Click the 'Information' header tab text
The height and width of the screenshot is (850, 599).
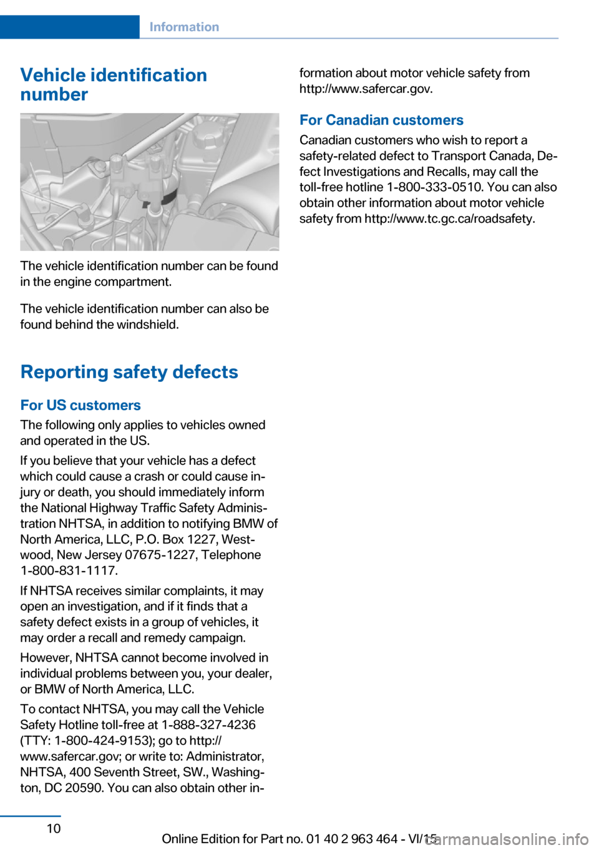[x=184, y=27]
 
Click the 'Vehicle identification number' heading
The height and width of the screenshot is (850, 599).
[x=114, y=84]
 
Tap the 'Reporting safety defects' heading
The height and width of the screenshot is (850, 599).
[x=129, y=372]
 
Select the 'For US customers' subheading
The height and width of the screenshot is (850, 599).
[x=80, y=405]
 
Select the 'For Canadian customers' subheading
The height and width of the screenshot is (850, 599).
[x=381, y=120]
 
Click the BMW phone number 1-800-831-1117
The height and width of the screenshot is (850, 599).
[x=69, y=570]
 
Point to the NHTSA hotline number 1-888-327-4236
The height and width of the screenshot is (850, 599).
[x=208, y=725]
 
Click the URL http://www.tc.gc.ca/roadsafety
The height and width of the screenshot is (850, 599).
[x=449, y=218]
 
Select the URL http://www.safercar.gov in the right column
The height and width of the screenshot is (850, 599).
[x=365, y=89]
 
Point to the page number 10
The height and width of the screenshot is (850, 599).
[x=54, y=828]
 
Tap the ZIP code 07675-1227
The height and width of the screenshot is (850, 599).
[x=161, y=555]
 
